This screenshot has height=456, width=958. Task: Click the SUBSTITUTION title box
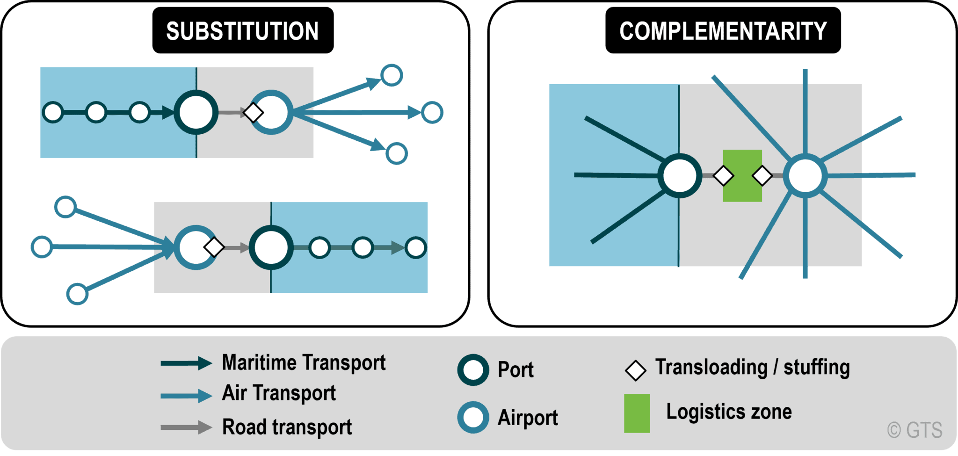click(x=243, y=31)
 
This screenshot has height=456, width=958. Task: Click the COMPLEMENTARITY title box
click(x=723, y=31)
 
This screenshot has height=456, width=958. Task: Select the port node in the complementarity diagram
click(x=680, y=175)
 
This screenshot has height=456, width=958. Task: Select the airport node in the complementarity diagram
click(x=805, y=176)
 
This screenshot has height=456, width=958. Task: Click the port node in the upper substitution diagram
click(x=196, y=112)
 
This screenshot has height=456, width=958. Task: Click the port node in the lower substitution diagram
click(x=271, y=247)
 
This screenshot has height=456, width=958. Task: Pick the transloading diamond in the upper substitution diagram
click(x=253, y=112)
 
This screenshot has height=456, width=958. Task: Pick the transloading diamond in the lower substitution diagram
click(x=214, y=247)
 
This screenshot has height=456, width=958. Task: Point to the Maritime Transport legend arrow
click(x=186, y=363)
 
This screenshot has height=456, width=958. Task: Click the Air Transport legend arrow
click(x=186, y=396)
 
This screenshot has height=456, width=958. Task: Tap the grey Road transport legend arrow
click(x=186, y=427)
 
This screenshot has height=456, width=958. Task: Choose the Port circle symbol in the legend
click(x=473, y=370)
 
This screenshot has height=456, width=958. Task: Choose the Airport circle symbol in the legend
click(x=473, y=417)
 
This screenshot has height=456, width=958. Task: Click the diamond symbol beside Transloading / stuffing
click(x=635, y=370)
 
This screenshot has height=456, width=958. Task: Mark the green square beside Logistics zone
click(x=637, y=413)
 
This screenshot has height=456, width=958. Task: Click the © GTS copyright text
click(x=914, y=430)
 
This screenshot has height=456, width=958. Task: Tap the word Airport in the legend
click(x=528, y=418)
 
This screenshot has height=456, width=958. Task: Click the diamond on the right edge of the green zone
click(x=762, y=176)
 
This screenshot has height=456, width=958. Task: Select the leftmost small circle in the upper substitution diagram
click(x=53, y=112)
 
